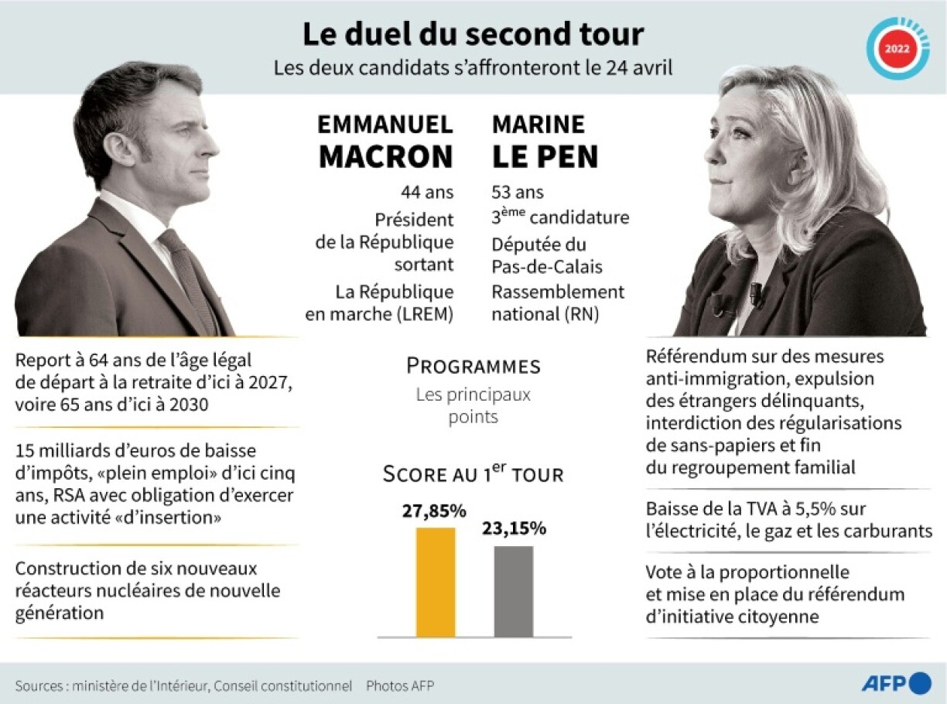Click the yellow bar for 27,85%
pyautogui.click(x=436, y=582)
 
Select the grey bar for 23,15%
pyautogui.click(x=514, y=591)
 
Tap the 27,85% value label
pyautogui.click(x=433, y=511)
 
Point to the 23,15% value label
pyautogui.click(x=514, y=529)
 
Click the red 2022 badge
pyautogui.click(x=897, y=48)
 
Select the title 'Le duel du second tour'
pyautogui.click(x=473, y=35)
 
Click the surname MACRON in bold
pyautogui.click(x=385, y=156)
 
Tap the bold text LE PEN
pyautogui.click(x=545, y=156)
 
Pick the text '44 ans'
pyautogui.click(x=427, y=192)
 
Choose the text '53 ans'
pyautogui.click(x=518, y=192)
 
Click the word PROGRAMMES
pyautogui.click(x=473, y=366)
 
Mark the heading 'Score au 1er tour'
pyautogui.click(x=473, y=473)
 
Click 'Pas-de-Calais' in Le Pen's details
pyautogui.click(x=547, y=268)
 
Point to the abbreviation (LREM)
pyautogui.click(x=424, y=315)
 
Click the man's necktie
pyautogui.click(x=188, y=279)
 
